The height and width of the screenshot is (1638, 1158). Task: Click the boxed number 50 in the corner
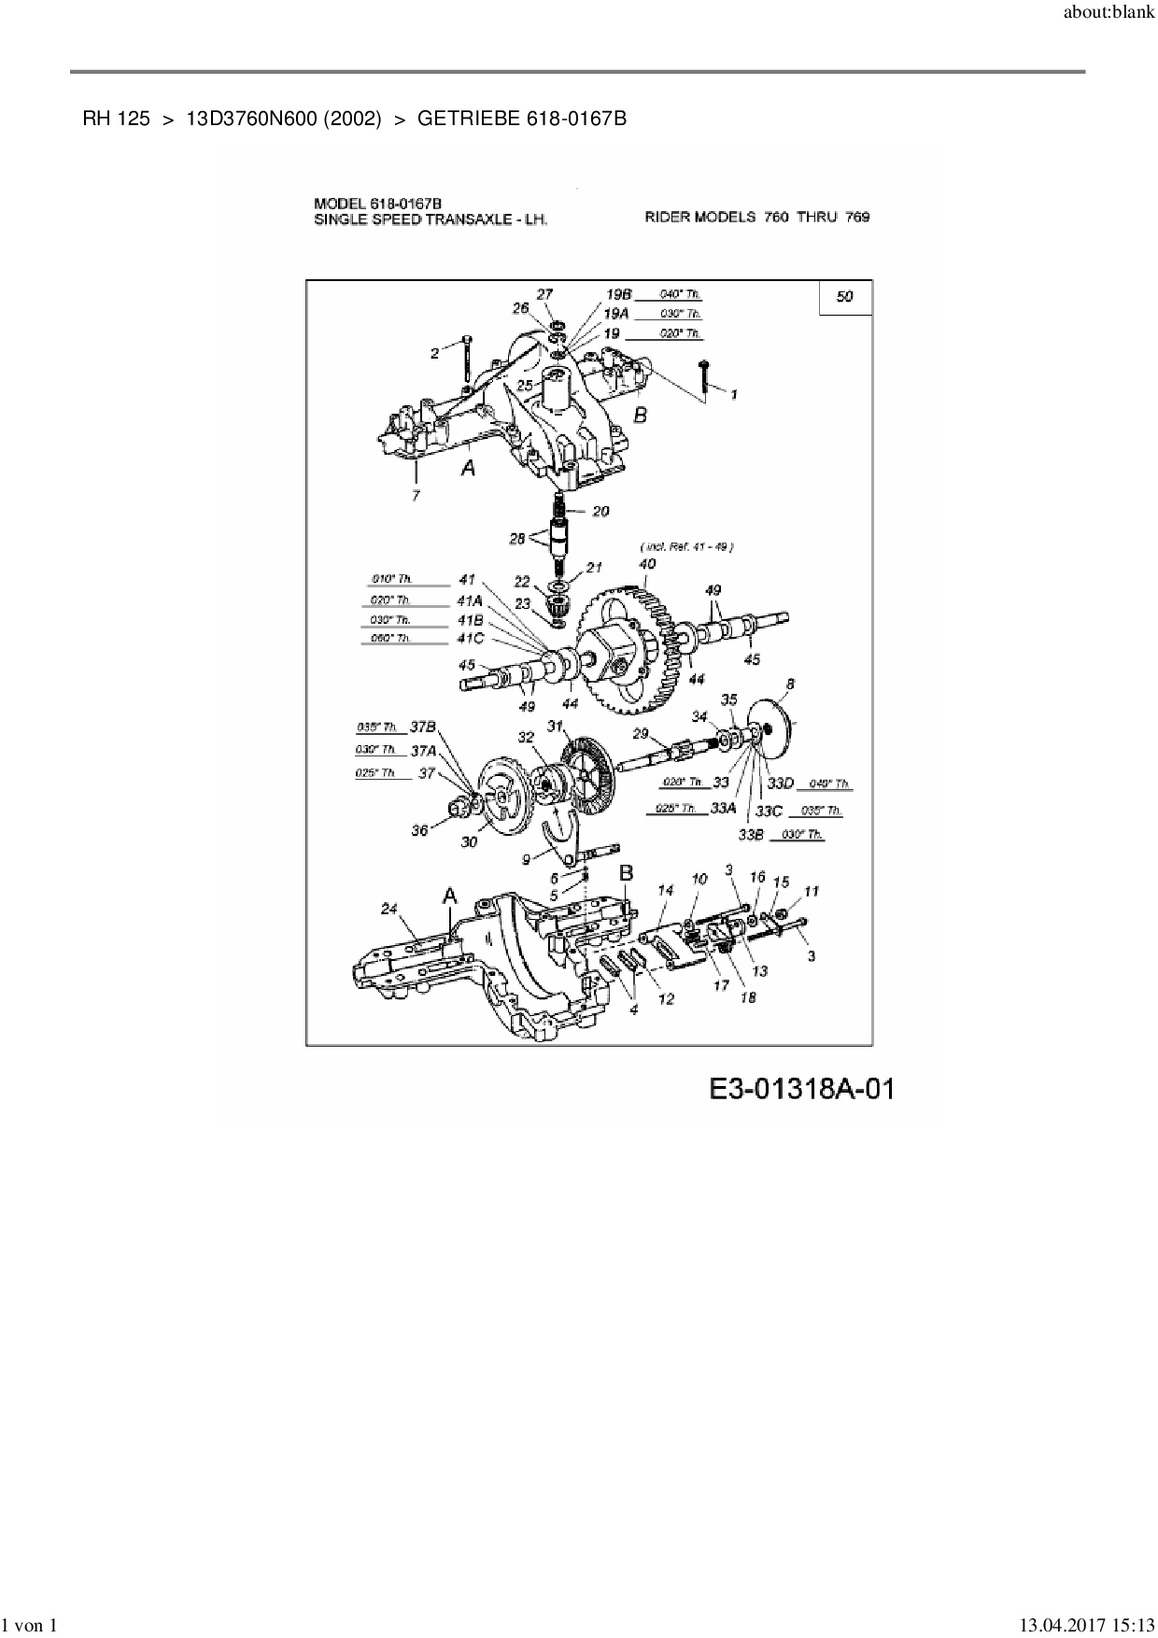[844, 297]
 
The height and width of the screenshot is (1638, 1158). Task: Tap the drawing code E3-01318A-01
[801, 1089]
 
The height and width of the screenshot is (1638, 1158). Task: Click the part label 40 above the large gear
[646, 564]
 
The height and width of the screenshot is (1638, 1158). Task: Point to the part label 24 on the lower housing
[389, 908]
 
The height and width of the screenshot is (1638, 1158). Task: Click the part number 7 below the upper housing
[416, 496]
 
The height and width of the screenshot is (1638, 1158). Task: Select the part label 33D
[780, 784]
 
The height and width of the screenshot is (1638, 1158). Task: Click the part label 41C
[470, 639]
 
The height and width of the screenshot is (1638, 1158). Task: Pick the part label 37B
[423, 727]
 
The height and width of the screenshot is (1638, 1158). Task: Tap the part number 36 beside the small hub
[419, 829]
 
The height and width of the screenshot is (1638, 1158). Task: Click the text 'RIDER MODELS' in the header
[699, 217]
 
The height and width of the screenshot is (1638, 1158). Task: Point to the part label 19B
[618, 295]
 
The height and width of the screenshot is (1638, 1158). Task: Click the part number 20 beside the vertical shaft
[600, 511]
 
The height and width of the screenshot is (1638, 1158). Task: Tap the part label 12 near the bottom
[666, 999]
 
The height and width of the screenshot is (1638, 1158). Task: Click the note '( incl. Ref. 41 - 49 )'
[685, 547]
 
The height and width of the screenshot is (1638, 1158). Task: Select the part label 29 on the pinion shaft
[641, 733]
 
